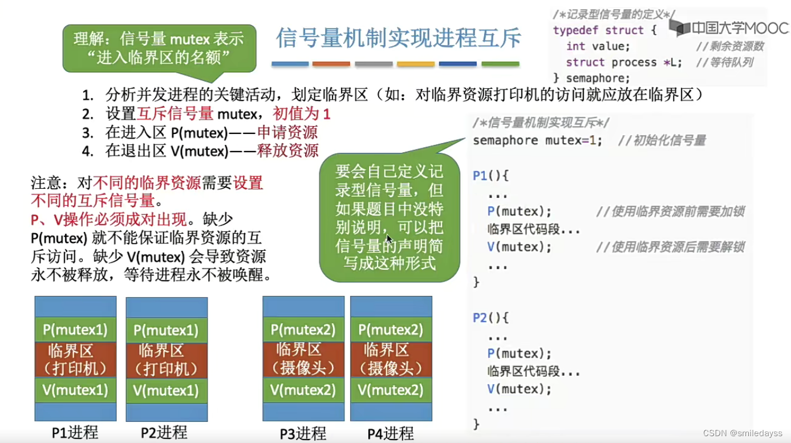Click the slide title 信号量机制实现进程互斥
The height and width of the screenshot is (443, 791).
(x=399, y=38)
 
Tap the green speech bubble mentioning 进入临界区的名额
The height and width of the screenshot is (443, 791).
(x=159, y=48)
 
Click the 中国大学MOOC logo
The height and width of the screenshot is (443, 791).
(x=729, y=28)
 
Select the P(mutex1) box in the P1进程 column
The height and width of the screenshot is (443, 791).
(x=75, y=329)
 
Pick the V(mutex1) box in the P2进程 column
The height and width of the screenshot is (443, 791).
(x=167, y=390)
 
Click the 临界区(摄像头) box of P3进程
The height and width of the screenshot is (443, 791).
(x=303, y=359)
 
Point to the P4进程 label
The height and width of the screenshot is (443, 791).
(x=391, y=433)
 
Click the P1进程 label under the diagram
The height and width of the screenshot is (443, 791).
(x=75, y=433)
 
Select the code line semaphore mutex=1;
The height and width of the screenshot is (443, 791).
(x=537, y=140)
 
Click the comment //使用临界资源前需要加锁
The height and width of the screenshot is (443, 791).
(x=670, y=212)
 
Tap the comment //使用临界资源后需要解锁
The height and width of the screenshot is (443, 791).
(x=670, y=247)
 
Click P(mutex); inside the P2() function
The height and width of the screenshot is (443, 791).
(x=520, y=353)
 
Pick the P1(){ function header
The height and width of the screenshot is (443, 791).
(x=490, y=176)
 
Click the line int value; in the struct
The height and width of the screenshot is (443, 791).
(x=598, y=46)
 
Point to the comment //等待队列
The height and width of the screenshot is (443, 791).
(x=724, y=62)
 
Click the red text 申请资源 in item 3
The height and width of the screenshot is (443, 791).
(x=287, y=133)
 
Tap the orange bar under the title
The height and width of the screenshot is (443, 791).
(x=331, y=64)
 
